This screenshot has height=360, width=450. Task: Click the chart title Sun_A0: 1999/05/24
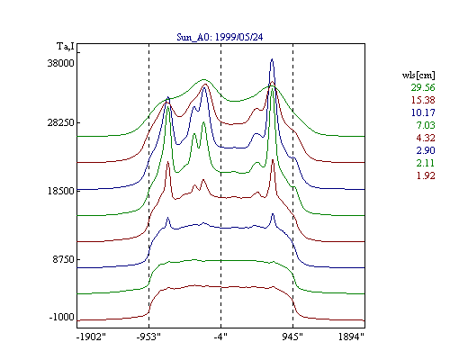pyautogui.click(x=220, y=37)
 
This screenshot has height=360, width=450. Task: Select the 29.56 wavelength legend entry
pyautogui.click(x=423, y=87)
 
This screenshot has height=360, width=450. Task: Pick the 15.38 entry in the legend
pyautogui.click(x=423, y=100)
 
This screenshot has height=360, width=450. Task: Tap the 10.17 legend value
pyautogui.click(x=423, y=112)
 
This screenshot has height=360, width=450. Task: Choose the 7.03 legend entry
pyautogui.click(x=426, y=125)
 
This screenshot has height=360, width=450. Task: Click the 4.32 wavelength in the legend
pyautogui.click(x=426, y=138)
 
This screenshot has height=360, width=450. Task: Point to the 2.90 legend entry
pyautogui.click(x=426, y=150)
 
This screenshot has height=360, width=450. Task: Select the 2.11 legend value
pyautogui.click(x=426, y=163)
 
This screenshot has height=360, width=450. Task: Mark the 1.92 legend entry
pyautogui.click(x=426, y=175)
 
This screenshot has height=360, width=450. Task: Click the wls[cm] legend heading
pyautogui.click(x=418, y=75)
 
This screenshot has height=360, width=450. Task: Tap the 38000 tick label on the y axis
pyautogui.click(x=60, y=63)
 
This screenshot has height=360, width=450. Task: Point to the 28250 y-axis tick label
pyautogui.click(x=60, y=122)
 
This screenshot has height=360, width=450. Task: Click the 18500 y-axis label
pyautogui.click(x=60, y=191)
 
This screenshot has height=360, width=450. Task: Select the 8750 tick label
pyautogui.click(x=63, y=259)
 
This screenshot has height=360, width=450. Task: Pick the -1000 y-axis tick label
pyautogui.click(x=61, y=317)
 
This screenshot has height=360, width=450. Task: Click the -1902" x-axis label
pyautogui.click(x=91, y=337)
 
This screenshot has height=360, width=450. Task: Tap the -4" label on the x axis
pyautogui.click(x=220, y=337)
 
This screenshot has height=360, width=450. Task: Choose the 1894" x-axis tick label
pyautogui.click(x=351, y=337)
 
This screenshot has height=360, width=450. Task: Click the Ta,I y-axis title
pyautogui.click(x=66, y=47)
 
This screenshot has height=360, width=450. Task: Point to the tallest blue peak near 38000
pyautogui.click(x=272, y=59)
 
